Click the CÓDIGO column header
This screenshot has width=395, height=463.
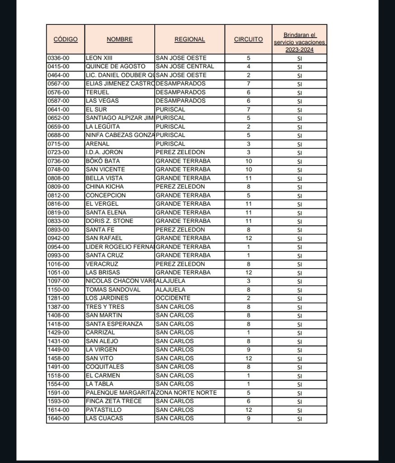pyautogui.click(x=66, y=39)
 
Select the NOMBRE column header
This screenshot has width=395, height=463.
pyautogui.click(x=119, y=39)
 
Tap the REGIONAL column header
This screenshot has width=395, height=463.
pyautogui.click(x=190, y=39)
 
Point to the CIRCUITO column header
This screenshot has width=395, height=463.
pyautogui.click(x=248, y=39)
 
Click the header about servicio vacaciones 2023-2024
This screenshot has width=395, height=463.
pyautogui.click(x=300, y=42)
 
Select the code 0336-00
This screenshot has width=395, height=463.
pyautogui.click(x=58, y=58)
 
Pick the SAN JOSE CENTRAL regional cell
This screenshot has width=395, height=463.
pyautogui.click(x=185, y=66)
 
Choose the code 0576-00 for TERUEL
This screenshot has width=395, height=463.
pyautogui.click(x=58, y=92)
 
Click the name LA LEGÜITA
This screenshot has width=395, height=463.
pyautogui.click(x=103, y=127)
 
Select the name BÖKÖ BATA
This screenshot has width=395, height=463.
pyautogui.click(x=103, y=161)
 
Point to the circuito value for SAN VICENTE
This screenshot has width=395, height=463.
pyautogui.click(x=248, y=170)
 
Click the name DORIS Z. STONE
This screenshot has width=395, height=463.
pyautogui.click(x=109, y=221)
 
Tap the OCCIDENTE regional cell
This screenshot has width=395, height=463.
pyautogui.click(x=173, y=298)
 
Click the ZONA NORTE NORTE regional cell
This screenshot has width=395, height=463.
pyautogui.click(x=186, y=392)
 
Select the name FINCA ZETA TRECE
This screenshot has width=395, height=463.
pyautogui.click(x=114, y=401)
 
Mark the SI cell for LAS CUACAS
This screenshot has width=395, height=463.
pyautogui.click(x=300, y=419)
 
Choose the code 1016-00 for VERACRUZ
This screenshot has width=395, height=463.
pyautogui.click(x=58, y=264)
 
